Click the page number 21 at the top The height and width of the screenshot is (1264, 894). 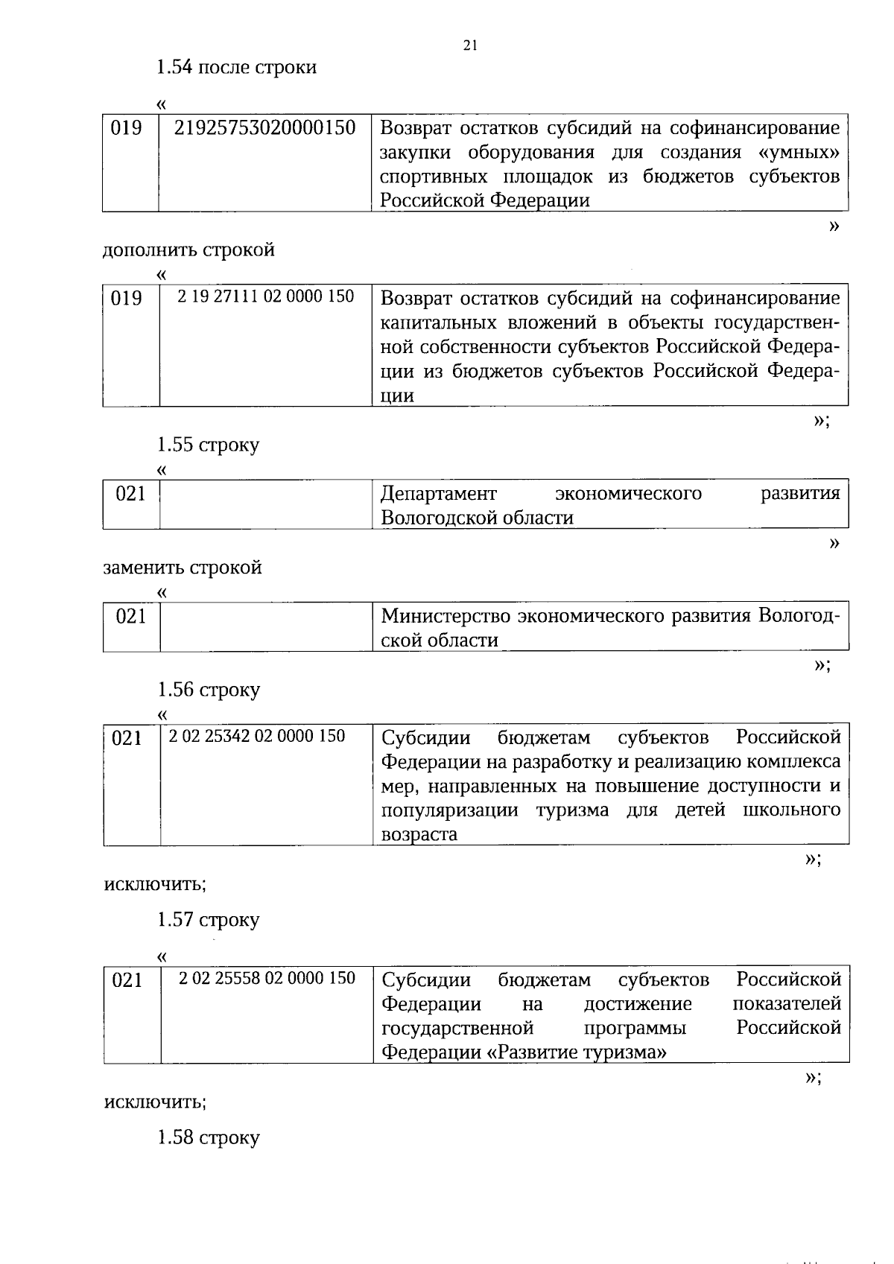click(x=469, y=45)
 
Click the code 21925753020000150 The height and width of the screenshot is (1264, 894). click(x=264, y=127)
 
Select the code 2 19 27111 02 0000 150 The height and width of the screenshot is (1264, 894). click(x=265, y=296)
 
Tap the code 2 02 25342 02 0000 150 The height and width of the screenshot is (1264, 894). click(x=257, y=736)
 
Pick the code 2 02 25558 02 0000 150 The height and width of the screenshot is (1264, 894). click(x=267, y=978)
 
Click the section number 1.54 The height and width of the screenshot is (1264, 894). click(x=174, y=67)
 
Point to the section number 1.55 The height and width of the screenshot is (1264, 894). click(x=174, y=445)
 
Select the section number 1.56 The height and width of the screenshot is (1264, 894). click(x=174, y=689)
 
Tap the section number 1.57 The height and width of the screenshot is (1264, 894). click(x=174, y=919)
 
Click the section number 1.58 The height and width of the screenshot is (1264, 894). click(x=174, y=1137)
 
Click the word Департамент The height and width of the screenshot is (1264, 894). click(x=438, y=493)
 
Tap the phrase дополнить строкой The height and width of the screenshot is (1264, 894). click(x=188, y=250)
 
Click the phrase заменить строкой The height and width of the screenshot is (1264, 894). click(x=183, y=568)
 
